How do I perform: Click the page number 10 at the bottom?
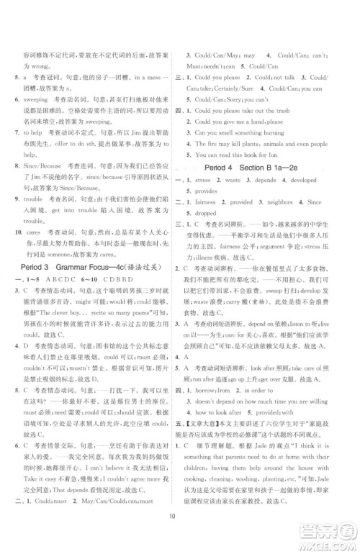180,535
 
